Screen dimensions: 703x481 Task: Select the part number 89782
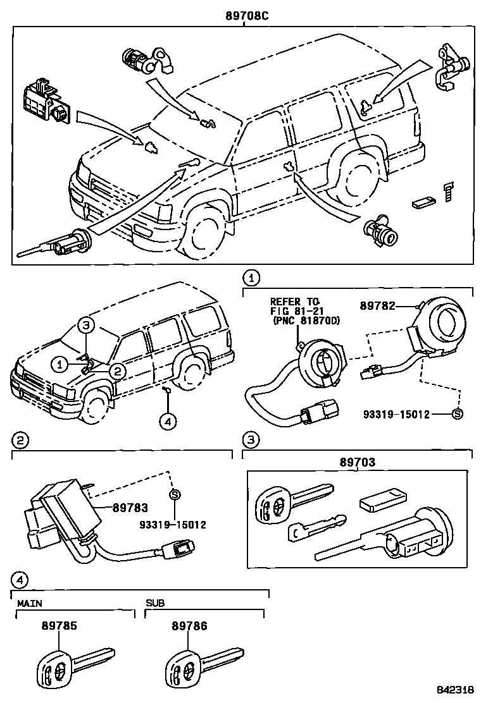point(378,306)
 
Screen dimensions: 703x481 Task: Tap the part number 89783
point(130,507)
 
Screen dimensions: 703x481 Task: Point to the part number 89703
point(358,463)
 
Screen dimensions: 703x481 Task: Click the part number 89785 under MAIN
point(59,626)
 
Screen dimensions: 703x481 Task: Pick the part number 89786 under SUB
point(189,626)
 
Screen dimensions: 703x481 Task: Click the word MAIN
point(29,603)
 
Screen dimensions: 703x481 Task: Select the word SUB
point(155,603)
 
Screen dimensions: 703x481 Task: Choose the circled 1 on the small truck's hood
point(59,364)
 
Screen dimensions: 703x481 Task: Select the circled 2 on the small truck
point(117,370)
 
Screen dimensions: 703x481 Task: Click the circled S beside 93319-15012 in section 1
point(458,415)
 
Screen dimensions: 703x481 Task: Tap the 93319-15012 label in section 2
point(173,525)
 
